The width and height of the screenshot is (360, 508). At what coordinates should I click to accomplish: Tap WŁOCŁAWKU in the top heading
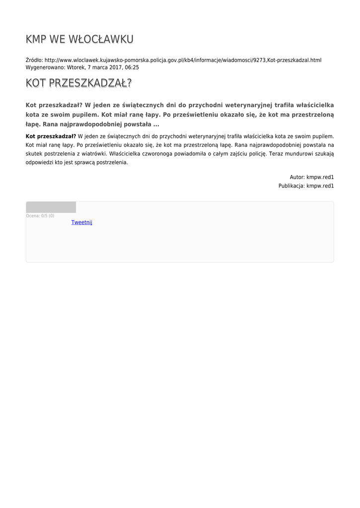click(x=104, y=39)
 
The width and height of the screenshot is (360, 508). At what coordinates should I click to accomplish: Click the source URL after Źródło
click(x=183, y=60)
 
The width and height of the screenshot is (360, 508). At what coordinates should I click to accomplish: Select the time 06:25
click(x=132, y=67)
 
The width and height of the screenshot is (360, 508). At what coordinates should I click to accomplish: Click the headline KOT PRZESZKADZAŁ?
click(x=78, y=83)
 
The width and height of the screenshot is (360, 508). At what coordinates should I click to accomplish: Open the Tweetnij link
click(x=81, y=222)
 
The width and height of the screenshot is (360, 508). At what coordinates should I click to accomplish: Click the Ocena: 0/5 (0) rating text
click(x=40, y=216)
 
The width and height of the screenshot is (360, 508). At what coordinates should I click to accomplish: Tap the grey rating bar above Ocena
click(x=51, y=207)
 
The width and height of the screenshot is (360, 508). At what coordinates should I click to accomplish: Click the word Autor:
click(x=297, y=177)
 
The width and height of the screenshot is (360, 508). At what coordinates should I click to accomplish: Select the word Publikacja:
click(x=291, y=186)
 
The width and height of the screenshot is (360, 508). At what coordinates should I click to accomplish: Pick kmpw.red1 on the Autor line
click(x=320, y=177)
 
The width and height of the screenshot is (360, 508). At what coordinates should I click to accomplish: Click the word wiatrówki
click(x=92, y=153)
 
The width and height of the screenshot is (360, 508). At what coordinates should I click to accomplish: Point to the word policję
click(x=257, y=153)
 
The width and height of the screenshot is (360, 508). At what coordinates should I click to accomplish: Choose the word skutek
click(x=34, y=153)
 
